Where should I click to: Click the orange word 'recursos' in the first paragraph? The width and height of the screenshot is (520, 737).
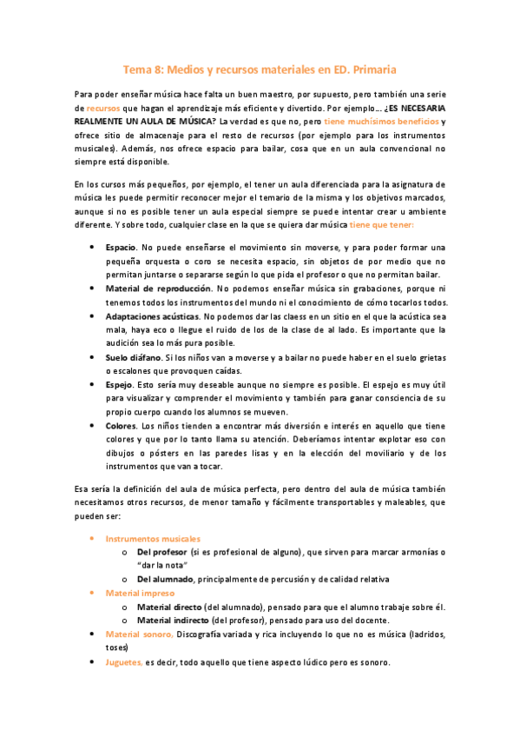[x=102, y=107]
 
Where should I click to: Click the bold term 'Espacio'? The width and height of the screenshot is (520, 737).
[x=121, y=248]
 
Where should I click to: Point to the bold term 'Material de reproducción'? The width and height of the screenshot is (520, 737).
[x=158, y=288]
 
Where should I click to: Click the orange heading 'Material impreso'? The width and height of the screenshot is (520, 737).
[x=140, y=593]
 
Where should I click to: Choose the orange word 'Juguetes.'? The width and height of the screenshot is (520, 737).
[x=124, y=662]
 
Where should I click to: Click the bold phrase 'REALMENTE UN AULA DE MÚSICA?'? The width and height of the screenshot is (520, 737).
[x=142, y=122]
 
